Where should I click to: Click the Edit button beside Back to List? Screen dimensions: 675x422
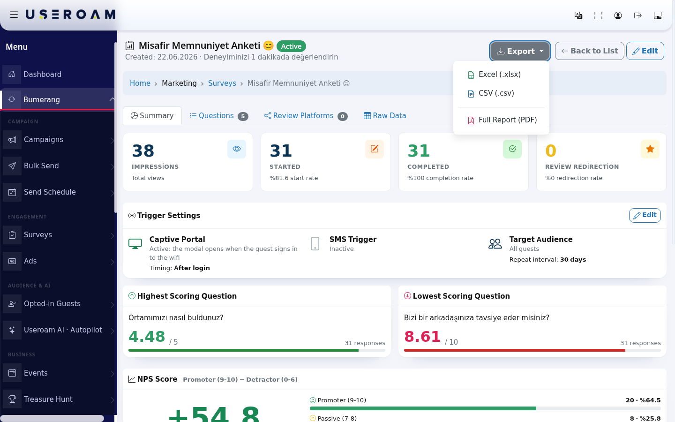coord(645,51)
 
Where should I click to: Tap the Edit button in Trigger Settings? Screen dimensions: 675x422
coord(645,215)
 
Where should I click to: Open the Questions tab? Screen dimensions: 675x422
coord(219,116)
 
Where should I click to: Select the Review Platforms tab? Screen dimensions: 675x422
coord(306,116)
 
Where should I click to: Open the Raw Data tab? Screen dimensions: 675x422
coord(385,116)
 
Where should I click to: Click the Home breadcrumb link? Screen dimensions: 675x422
coord(140,83)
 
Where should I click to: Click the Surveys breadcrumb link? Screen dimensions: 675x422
coord(222,83)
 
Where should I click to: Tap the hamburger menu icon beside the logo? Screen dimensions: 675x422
coord(14,15)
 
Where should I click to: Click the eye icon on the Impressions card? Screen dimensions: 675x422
coord(237,149)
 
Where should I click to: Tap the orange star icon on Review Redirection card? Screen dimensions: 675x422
coord(650,149)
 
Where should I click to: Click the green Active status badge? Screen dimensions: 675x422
coord(291,46)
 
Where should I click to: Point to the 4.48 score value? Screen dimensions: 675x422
coord(147,336)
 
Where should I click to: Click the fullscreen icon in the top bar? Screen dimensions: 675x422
coord(598,15)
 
